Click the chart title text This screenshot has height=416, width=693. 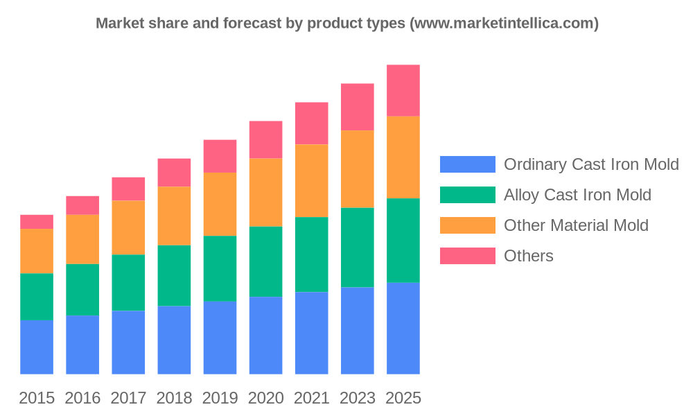point(346,23)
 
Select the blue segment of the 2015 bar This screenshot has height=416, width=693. point(37,347)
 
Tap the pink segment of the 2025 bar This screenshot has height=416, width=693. point(403,90)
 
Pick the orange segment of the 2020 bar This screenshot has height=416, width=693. point(265,192)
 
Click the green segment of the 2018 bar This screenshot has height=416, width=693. point(174,275)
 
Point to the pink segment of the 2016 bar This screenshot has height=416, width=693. point(82,205)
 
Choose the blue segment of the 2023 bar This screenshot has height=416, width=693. point(357,331)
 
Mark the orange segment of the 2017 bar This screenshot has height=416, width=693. point(128,227)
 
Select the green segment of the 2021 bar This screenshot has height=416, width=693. point(311,254)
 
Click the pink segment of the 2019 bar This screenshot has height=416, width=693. point(220,156)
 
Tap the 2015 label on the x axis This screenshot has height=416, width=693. point(37,398)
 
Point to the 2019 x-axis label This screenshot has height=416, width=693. point(220,398)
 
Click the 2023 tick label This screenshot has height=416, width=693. point(357,398)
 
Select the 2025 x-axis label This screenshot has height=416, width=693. point(403,398)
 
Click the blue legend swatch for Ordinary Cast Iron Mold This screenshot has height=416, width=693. point(468,164)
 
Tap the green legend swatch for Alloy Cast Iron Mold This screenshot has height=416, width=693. point(468,195)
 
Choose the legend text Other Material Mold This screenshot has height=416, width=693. point(576,225)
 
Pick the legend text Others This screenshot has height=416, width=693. point(529,256)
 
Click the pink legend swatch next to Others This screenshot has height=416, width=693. point(468,256)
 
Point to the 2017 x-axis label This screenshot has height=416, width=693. point(128,398)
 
